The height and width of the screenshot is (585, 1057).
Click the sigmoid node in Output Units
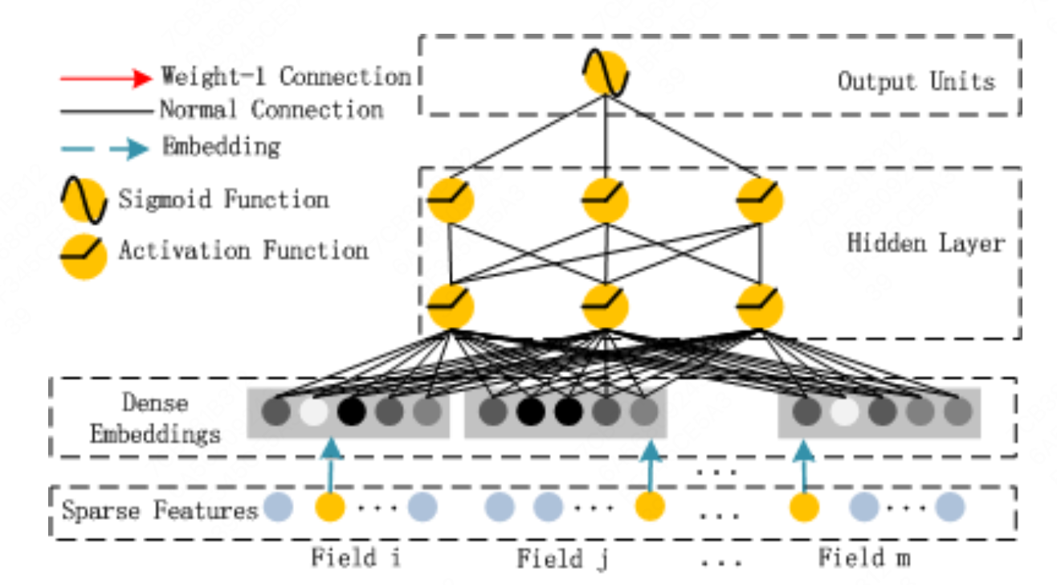pos(604,74)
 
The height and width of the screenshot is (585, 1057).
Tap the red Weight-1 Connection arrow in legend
pos(106,78)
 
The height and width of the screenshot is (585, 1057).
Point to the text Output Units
pos(916,81)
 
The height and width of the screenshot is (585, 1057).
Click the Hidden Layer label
pos(925,243)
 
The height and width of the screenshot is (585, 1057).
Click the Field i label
pos(345,557)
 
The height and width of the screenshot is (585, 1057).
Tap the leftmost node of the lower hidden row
pos(451,305)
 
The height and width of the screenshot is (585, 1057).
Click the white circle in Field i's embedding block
pos(314,412)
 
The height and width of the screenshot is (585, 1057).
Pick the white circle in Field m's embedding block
pos(844,412)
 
